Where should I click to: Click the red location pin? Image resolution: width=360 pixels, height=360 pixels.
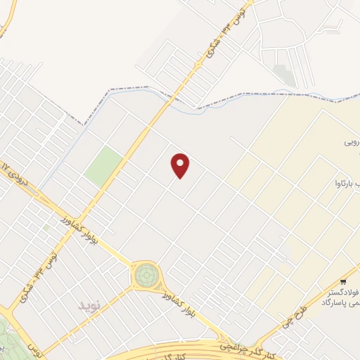point(181,165)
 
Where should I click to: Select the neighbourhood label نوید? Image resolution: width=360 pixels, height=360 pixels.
point(89,305)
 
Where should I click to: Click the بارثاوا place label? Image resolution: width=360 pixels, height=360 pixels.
point(345,184)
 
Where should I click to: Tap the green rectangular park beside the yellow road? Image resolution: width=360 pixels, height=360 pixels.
point(103,166)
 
